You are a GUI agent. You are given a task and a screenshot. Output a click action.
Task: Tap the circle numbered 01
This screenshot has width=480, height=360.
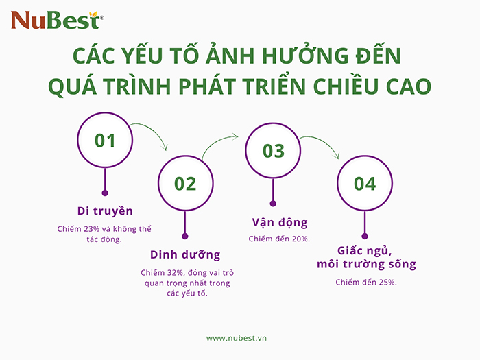click(105, 141)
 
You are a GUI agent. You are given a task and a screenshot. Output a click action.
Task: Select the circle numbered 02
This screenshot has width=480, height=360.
click(185, 183)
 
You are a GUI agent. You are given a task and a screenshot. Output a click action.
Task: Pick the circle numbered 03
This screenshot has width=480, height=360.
click(273, 150)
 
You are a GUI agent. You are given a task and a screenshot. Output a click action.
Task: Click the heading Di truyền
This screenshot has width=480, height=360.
click(105, 211)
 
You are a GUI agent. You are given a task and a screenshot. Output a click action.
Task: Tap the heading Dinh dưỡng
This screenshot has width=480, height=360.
click(185, 254)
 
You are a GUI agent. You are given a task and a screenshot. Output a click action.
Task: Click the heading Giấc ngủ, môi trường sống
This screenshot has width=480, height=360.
click(367, 257)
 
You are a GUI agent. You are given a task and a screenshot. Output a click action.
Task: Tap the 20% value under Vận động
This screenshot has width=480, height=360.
click(300, 238)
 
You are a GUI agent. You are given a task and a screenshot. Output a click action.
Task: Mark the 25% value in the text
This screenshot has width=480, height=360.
click(387, 282)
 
